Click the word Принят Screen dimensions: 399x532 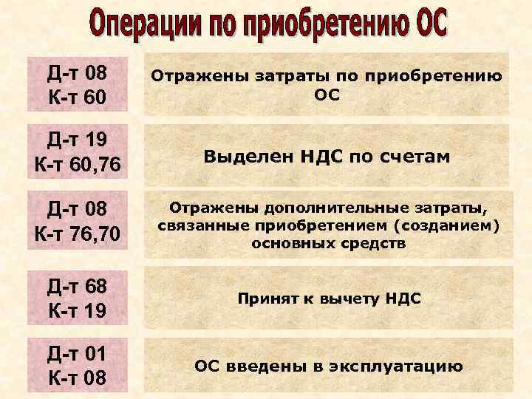coord(265,299)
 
